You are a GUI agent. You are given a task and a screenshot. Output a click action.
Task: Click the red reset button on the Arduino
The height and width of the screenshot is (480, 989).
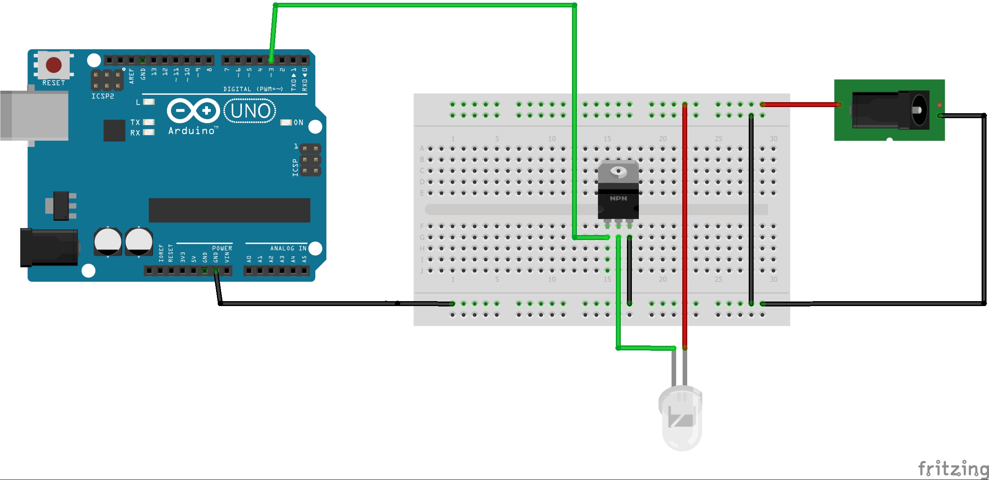coord(54,65)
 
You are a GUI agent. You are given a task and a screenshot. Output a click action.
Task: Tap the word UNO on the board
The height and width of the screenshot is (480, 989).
coord(251,111)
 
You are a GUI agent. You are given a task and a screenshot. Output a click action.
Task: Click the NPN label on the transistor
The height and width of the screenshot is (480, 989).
coord(618,199)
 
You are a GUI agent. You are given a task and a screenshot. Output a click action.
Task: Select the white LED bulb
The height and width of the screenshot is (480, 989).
coord(681,418)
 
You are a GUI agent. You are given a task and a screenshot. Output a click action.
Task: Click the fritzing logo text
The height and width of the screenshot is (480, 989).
coord(953,469)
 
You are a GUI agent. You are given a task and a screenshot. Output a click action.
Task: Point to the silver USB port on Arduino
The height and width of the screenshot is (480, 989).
coord(34,116)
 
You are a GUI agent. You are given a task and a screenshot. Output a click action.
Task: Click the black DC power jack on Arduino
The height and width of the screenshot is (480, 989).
coord(49,247)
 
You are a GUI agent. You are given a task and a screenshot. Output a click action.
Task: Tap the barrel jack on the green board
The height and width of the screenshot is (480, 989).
coord(890,110)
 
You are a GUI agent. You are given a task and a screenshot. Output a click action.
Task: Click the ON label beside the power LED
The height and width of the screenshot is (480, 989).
coord(299,123)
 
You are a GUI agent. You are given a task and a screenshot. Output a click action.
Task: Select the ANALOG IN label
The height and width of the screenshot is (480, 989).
coord(288,248)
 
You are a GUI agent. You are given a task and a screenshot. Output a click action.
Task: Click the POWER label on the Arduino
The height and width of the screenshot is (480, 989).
coord(222,248)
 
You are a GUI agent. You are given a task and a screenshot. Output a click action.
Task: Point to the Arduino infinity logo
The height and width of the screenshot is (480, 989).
coord(193,111)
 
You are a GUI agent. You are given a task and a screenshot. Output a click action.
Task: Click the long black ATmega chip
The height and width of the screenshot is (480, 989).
coord(229,210)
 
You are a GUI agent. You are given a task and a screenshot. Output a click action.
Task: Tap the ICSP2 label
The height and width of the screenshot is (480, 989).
coord(103,96)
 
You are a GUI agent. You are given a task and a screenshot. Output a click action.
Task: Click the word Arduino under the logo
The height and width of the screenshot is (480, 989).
coord(191,131)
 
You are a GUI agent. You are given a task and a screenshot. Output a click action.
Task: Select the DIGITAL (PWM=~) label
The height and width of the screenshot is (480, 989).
coord(253,89)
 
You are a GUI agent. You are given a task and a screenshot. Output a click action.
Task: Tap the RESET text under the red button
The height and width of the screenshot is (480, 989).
coord(54,83)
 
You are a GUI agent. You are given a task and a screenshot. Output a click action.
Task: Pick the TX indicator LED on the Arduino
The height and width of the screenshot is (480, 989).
coord(148,122)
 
